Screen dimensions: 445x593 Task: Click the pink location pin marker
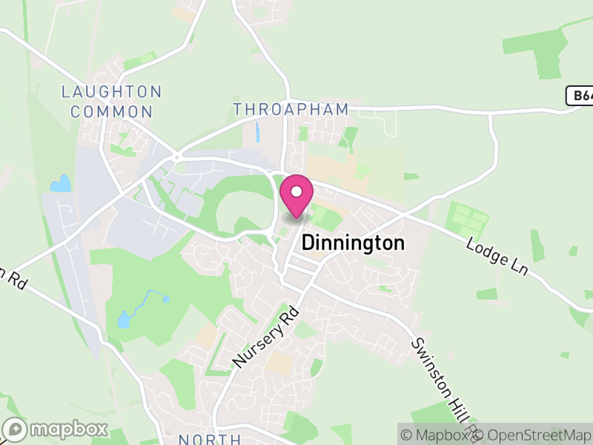tap(296, 197)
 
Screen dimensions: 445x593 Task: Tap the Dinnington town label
tap(353, 243)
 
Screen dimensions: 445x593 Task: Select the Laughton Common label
tap(111, 102)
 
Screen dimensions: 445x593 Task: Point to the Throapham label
tap(291, 109)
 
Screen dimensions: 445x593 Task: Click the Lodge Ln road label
tap(497, 257)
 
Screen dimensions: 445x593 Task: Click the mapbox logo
tap(56, 429)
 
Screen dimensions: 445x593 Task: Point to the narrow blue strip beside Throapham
tap(257, 132)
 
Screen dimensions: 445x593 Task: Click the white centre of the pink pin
tap(296, 191)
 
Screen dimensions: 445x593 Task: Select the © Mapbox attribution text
tap(437, 435)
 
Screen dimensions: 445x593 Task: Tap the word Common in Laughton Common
tap(118, 113)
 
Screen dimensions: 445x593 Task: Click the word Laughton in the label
tap(111, 93)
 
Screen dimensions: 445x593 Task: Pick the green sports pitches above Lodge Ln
tap(468, 221)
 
